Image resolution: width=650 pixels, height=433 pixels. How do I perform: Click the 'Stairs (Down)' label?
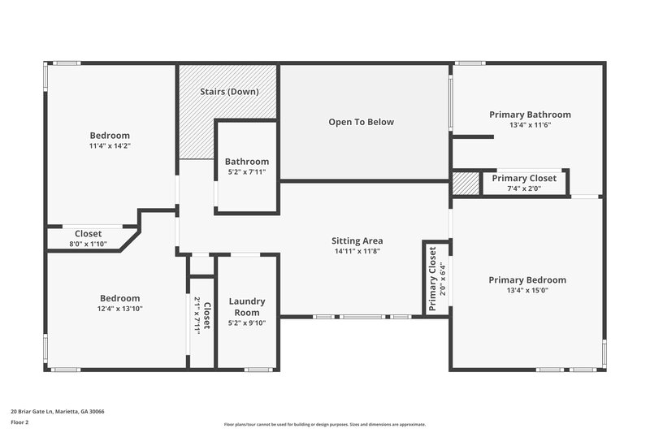pyautogui.click(x=229, y=91)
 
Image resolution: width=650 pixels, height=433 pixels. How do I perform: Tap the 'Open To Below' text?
pyautogui.click(x=361, y=122)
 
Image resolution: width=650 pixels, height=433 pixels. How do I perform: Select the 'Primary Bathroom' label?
pyautogui.click(x=530, y=115)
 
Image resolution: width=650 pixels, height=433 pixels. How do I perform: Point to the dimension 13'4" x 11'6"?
pyautogui.click(x=530, y=125)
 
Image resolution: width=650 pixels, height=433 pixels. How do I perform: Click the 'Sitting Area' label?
pyautogui.click(x=357, y=240)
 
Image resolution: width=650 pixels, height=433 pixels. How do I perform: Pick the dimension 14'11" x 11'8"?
pyautogui.click(x=357, y=251)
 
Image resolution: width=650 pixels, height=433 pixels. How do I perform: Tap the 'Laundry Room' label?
pyautogui.click(x=247, y=306)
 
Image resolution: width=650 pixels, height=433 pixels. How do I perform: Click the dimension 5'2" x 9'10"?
pyautogui.click(x=247, y=323)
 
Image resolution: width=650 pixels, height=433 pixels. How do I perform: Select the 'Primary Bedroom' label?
pyautogui.click(x=527, y=279)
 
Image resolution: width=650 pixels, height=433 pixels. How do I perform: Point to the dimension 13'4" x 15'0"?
pyautogui.click(x=527, y=290)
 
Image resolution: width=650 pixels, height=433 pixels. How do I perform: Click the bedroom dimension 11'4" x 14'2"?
pyautogui.click(x=110, y=145)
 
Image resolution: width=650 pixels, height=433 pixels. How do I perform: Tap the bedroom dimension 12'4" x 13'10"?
pyautogui.click(x=119, y=309)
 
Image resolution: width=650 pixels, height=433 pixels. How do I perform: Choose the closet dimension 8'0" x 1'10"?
pyautogui.click(x=89, y=244)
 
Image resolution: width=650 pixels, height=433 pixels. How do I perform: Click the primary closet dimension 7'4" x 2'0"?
pyautogui.click(x=524, y=188)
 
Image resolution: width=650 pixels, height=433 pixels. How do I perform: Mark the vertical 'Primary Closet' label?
pyautogui.click(x=432, y=278)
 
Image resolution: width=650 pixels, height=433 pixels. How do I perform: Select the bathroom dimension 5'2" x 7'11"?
pyautogui.click(x=247, y=172)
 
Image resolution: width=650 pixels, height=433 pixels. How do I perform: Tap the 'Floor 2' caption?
pyautogui.click(x=19, y=422)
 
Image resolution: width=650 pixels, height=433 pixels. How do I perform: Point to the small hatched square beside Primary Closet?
pyautogui.click(x=466, y=184)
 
